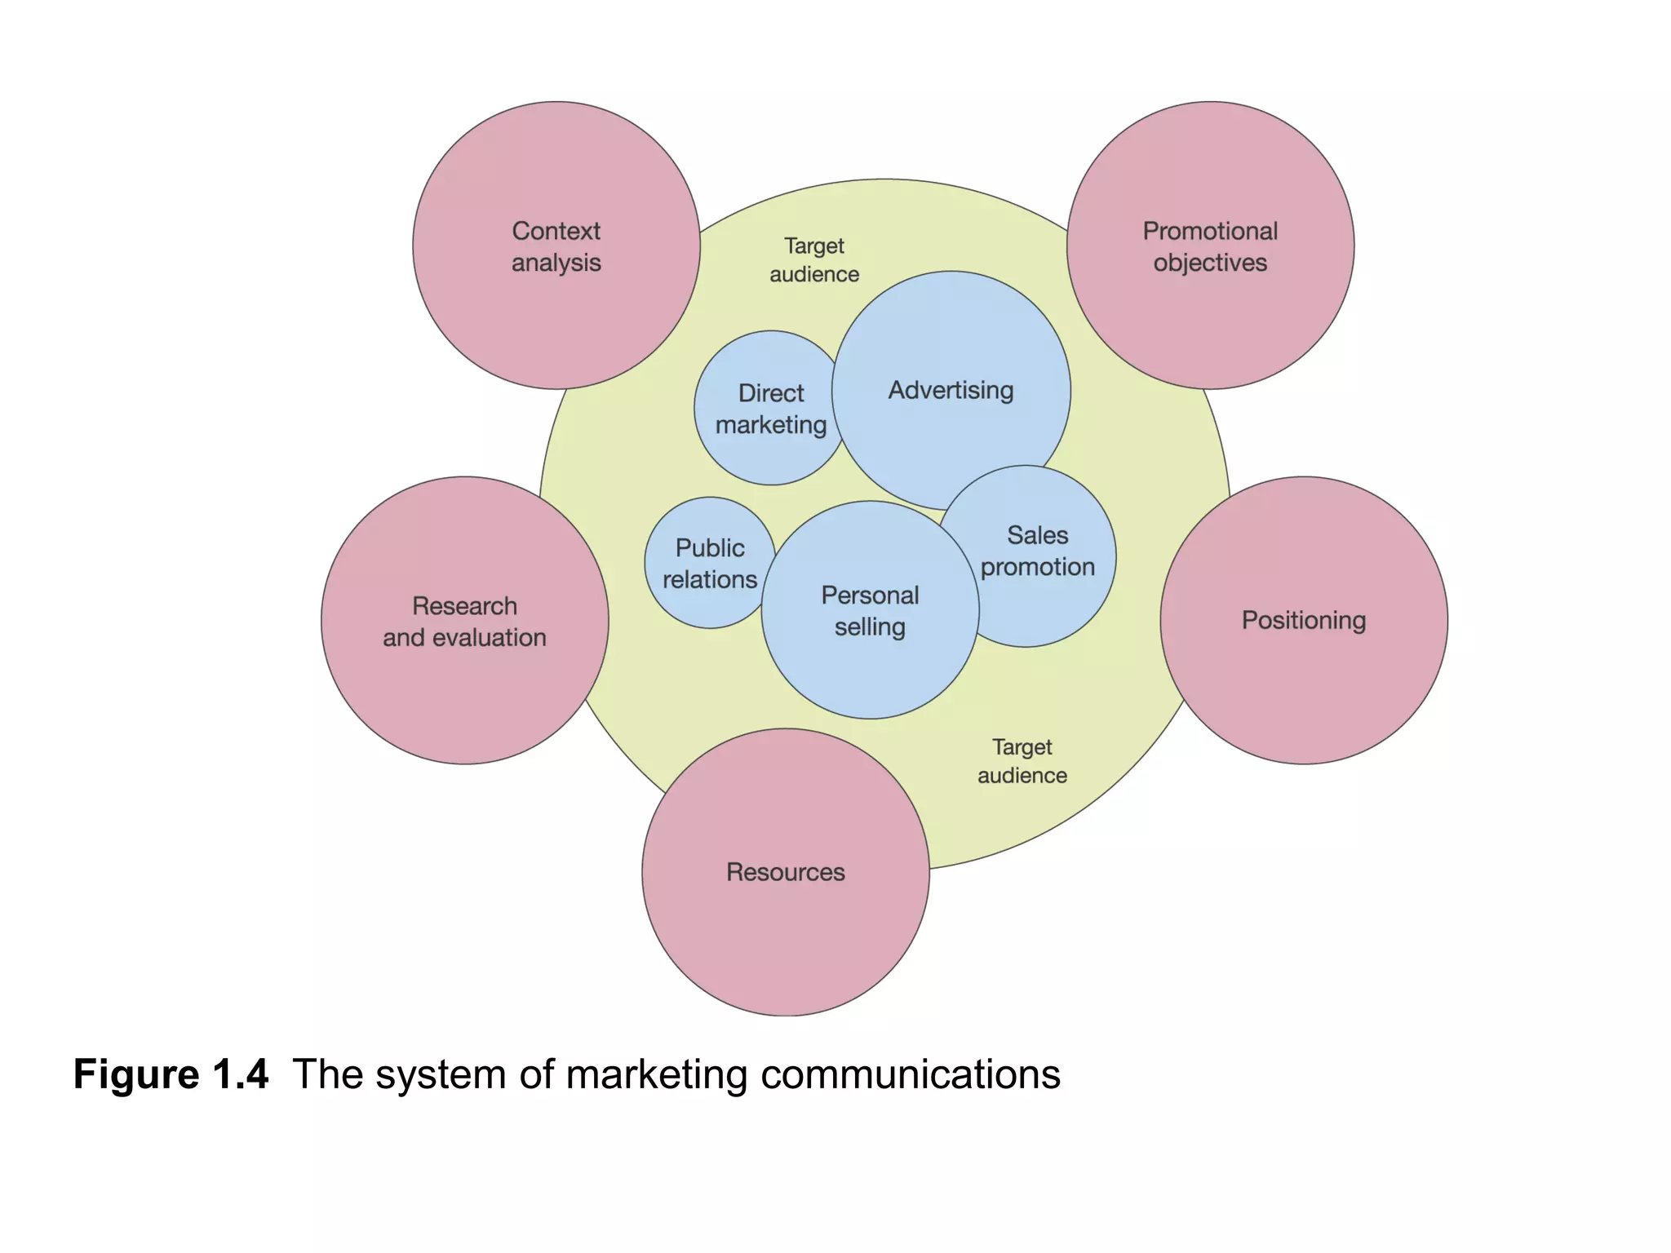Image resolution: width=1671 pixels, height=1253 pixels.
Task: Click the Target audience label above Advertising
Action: tap(814, 259)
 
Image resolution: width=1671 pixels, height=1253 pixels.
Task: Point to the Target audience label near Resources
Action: tap(1022, 761)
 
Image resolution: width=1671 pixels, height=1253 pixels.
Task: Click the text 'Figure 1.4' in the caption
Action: tap(171, 1074)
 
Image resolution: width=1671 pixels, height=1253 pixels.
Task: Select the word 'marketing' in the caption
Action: tap(657, 1074)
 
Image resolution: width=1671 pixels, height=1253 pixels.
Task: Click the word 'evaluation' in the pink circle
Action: tap(489, 637)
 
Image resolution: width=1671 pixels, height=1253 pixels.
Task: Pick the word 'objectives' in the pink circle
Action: tap(1210, 263)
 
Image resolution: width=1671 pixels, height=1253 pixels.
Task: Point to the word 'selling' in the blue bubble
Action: tap(870, 627)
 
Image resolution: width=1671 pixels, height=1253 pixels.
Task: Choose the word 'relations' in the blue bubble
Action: tap(710, 579)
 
